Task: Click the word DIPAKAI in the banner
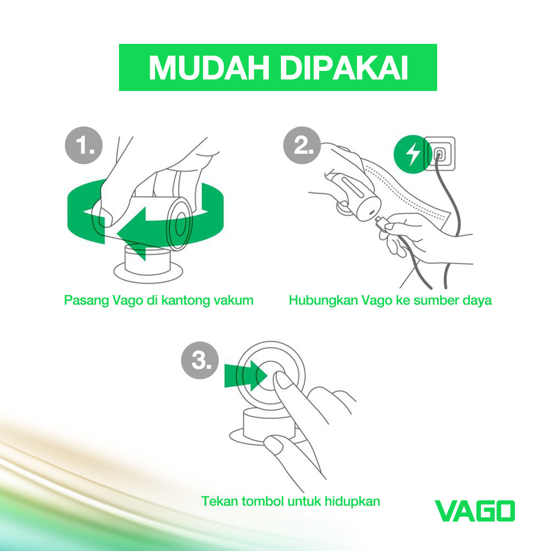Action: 343,68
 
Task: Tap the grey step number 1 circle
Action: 83,146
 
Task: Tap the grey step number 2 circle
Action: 302,146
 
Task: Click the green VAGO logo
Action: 474,511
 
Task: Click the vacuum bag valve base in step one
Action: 148,268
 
